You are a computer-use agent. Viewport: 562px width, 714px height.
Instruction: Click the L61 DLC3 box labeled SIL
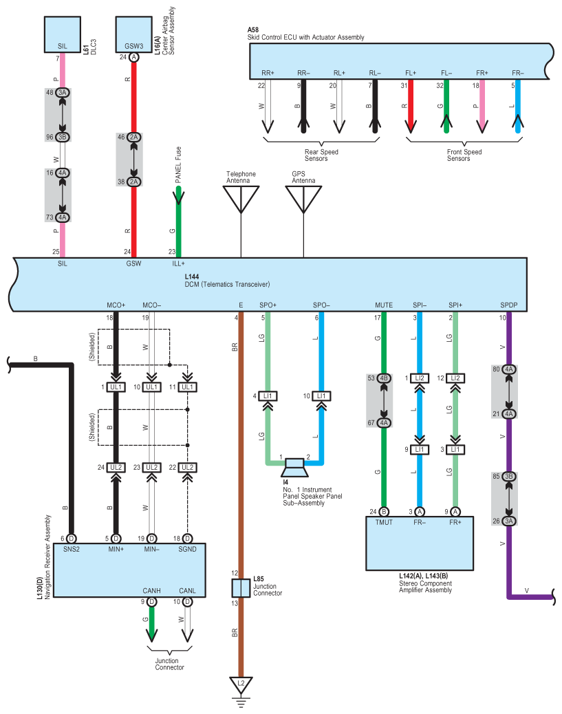point(63,34)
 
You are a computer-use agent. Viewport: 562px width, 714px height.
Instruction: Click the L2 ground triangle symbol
point(241,684)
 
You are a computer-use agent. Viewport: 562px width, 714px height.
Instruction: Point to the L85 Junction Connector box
point(241,588)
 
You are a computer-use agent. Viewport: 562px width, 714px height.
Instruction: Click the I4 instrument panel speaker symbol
point(294,468)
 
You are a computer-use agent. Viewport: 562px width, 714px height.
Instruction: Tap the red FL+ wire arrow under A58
point(411,107)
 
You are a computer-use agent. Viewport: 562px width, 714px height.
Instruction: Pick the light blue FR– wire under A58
point(517,107)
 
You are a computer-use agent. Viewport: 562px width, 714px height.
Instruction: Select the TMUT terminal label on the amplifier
point(384,522)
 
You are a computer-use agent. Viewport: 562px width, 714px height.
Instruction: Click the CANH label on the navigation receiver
point(151,591)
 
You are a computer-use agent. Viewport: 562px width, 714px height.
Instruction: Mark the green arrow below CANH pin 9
point(151,625)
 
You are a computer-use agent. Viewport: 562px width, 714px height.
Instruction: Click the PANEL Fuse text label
point(178,164)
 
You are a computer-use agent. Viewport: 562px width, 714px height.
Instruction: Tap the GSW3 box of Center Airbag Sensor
point(134,34)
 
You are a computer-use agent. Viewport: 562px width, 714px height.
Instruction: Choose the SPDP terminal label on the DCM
point(509,305)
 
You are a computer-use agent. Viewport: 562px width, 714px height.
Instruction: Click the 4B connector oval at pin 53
point(384,378)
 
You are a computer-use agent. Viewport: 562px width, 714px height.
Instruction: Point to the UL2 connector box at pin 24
point(116,467)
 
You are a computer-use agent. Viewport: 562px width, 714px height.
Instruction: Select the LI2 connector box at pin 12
point(455,378)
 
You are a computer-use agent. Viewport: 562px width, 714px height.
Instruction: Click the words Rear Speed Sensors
point(321,155)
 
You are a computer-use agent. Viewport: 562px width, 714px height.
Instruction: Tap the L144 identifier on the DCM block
point(192,277)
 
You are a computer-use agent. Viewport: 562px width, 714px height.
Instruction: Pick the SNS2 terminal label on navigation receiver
point(71,549)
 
